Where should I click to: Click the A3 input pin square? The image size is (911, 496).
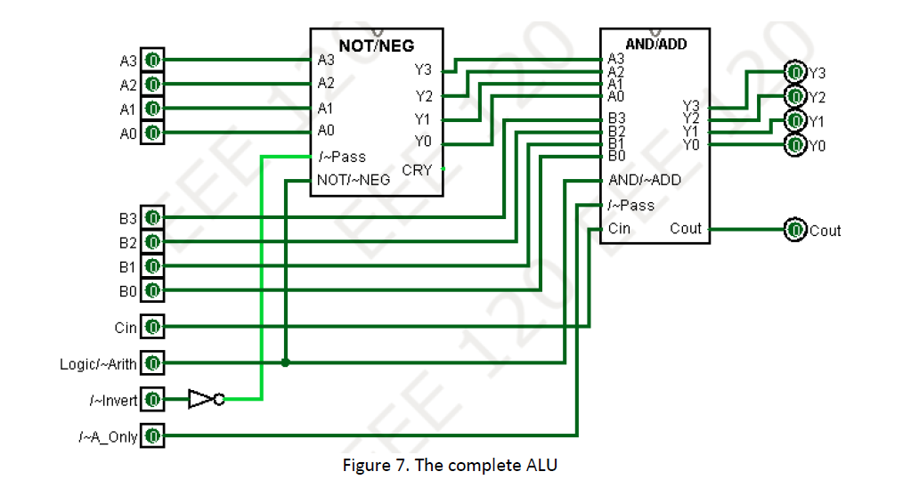point(152,61)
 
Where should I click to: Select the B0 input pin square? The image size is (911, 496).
point(152,290)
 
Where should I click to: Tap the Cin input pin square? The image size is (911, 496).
point(152,327)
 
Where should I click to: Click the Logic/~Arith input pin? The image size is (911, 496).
point(152,363)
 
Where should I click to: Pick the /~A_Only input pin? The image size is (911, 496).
point(152,436)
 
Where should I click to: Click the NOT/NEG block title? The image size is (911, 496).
point(377,45)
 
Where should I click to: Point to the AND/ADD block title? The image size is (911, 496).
point(656,43)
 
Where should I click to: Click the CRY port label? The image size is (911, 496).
point(417,170)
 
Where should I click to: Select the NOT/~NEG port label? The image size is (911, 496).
point(353,180)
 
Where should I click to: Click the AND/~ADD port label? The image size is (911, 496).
point(644,180)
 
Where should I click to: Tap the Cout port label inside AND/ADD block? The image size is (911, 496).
point(685,229)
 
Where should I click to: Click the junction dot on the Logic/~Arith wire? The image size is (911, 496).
point(285,363)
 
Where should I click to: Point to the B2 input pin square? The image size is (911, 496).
point(152,242)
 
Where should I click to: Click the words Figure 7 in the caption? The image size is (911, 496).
point(374,466)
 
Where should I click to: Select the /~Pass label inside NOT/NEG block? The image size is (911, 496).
point(341,157)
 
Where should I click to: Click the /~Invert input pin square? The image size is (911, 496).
point(152,400)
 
